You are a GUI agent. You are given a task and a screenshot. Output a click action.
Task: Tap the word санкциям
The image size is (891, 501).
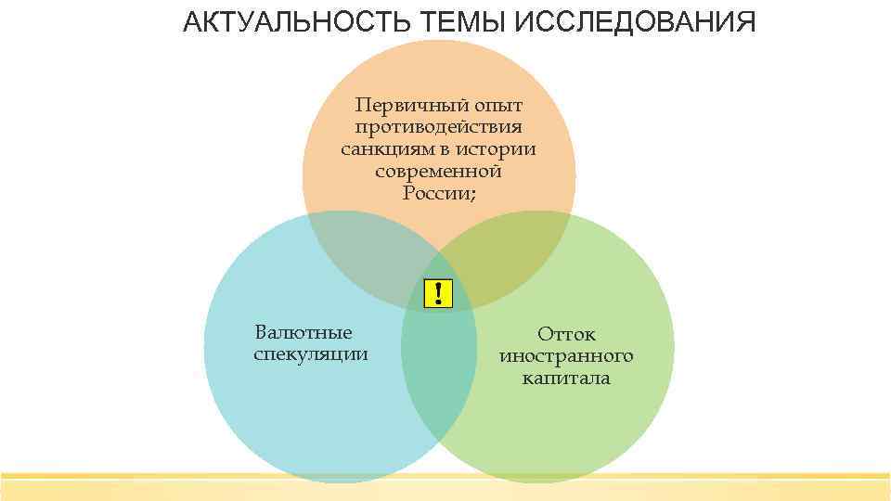tap(380, 148)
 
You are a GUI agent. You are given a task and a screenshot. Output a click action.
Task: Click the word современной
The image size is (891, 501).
tap(438, 171)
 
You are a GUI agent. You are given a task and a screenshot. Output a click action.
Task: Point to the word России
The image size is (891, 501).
tap(434, 193)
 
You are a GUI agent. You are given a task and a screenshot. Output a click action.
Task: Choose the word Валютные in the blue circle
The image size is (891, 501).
tap(303, 332)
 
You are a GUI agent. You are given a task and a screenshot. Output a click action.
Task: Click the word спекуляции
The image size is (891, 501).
tap(310, 354)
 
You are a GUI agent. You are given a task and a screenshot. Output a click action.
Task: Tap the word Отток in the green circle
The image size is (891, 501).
tap(566, 334)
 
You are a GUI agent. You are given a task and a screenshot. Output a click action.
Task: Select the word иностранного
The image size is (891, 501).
tap(566, 356)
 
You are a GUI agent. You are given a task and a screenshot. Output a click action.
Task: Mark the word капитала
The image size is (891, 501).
tap(566, 379)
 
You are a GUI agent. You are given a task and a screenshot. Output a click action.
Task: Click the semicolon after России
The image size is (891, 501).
tap(472, 194)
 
